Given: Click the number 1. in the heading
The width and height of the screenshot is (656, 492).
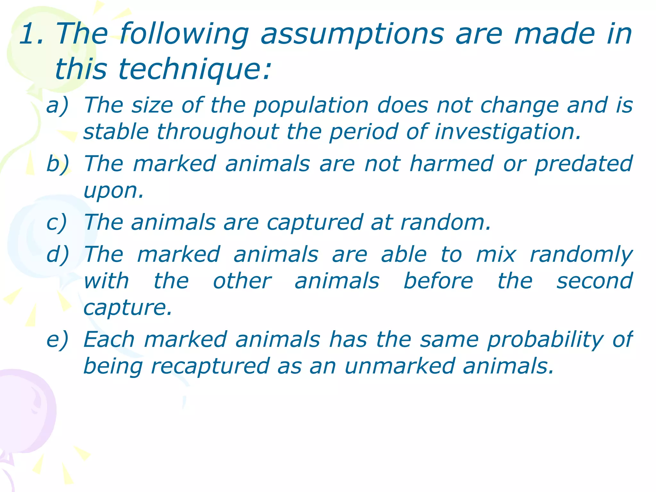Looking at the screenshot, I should pos(31,34).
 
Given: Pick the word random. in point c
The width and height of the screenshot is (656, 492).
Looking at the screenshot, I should pos(446,222).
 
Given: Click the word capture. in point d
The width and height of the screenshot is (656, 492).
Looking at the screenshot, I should pos(128,308).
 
